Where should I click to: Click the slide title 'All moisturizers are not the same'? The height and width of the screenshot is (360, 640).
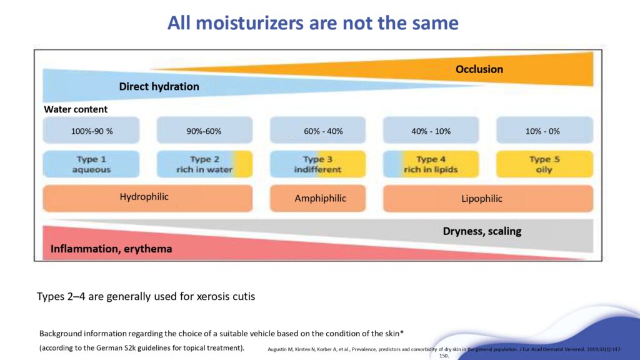(x=312, y=23)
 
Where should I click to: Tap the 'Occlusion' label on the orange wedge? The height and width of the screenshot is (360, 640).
(x=479, y=69)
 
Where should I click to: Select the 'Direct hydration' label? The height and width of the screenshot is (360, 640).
(x=159, y=87)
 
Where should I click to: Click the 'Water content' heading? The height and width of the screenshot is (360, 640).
(x=76, y=109)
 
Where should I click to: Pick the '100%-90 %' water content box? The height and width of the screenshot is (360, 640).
(x=91, y=131)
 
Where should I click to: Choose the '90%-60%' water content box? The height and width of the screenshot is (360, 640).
(x=204, y=131)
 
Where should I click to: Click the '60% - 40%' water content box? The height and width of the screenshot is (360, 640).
(x=317, y=131)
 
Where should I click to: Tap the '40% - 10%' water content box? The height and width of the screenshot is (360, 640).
(x=431, y=131)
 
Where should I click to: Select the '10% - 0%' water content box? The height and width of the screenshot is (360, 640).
(x=544, y=131)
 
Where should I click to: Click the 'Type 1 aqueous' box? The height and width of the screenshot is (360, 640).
(x=91, y=164)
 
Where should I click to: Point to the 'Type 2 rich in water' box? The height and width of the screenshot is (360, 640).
(x=204, y=164)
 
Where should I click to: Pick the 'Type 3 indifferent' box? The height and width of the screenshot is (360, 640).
(x=317, y=164)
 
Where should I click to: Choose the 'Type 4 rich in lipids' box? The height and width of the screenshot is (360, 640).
(x=431, y=164)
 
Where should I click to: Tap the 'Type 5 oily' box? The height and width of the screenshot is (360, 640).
(x=544, y=164)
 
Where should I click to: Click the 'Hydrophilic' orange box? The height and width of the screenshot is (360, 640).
(x=147, y=198)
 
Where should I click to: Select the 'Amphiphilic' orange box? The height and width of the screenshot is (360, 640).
(x=317, y=199)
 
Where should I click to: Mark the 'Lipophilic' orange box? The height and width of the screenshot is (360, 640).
(x=487, y=199)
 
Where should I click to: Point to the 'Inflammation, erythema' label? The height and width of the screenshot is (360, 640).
(x=111, y=249)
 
